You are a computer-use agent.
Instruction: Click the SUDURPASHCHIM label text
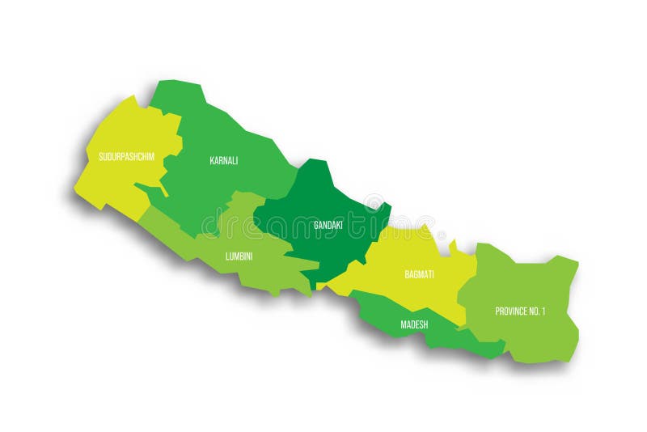126,156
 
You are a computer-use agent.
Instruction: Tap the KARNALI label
223,160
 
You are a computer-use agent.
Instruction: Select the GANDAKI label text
328,224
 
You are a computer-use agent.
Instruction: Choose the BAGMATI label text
419,274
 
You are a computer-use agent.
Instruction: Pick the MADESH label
414,324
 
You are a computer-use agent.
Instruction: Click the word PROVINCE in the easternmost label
511,311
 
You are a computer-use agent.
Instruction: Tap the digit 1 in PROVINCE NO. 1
543,311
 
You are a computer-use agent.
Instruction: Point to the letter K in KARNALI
211,160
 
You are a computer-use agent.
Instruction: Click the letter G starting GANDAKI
316,224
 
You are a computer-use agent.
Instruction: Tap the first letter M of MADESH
403,324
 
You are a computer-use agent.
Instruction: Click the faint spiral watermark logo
374,202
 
